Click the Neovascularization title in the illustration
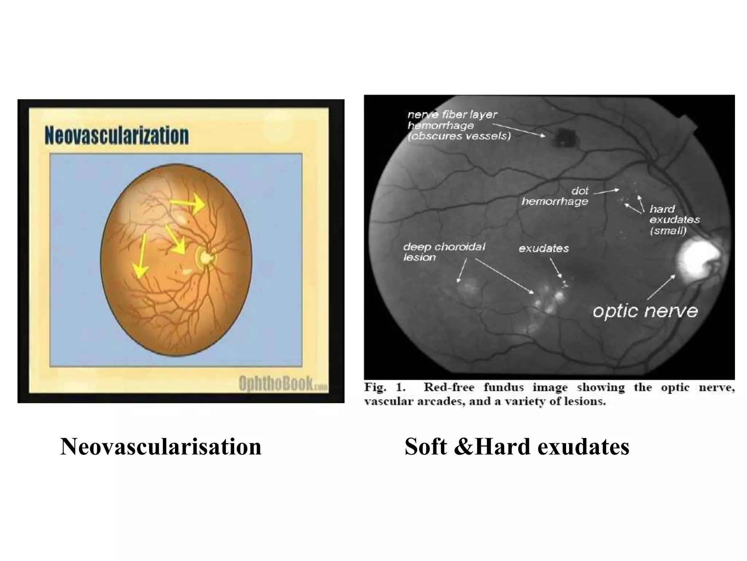(x=117, y=136)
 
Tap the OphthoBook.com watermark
(x=283, y=384)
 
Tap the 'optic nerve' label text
(x=645, y=311)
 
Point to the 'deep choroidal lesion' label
(x=444, y=252)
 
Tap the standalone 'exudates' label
(x=543, y=248)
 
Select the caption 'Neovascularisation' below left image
(x=161, y=447)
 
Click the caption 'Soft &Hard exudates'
(x=517, y=447)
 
